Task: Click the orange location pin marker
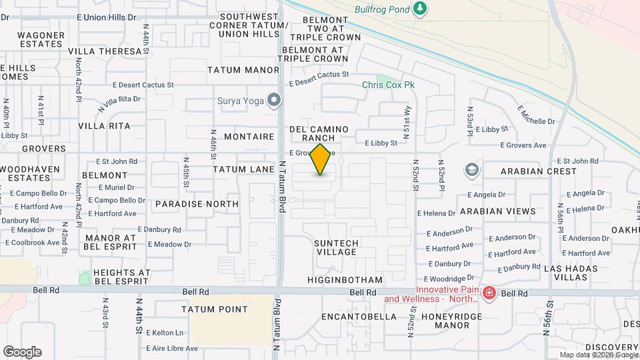pos(321,159)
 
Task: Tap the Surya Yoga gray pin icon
pos(274,101)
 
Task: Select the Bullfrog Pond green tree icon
pos(419,9)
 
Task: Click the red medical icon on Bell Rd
pos(489,293)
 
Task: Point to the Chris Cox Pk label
pos(388,85)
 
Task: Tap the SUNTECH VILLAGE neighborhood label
pos(337,247)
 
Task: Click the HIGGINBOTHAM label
pos(345,280)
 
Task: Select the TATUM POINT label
pos(215,309)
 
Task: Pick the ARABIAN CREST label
pos(539,171)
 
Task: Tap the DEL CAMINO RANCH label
pos(319,133)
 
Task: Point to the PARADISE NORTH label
pos(197,204)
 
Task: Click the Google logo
pos(22,351)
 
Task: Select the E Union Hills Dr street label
pos(107,16)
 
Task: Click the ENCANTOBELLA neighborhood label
pos(359,317)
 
